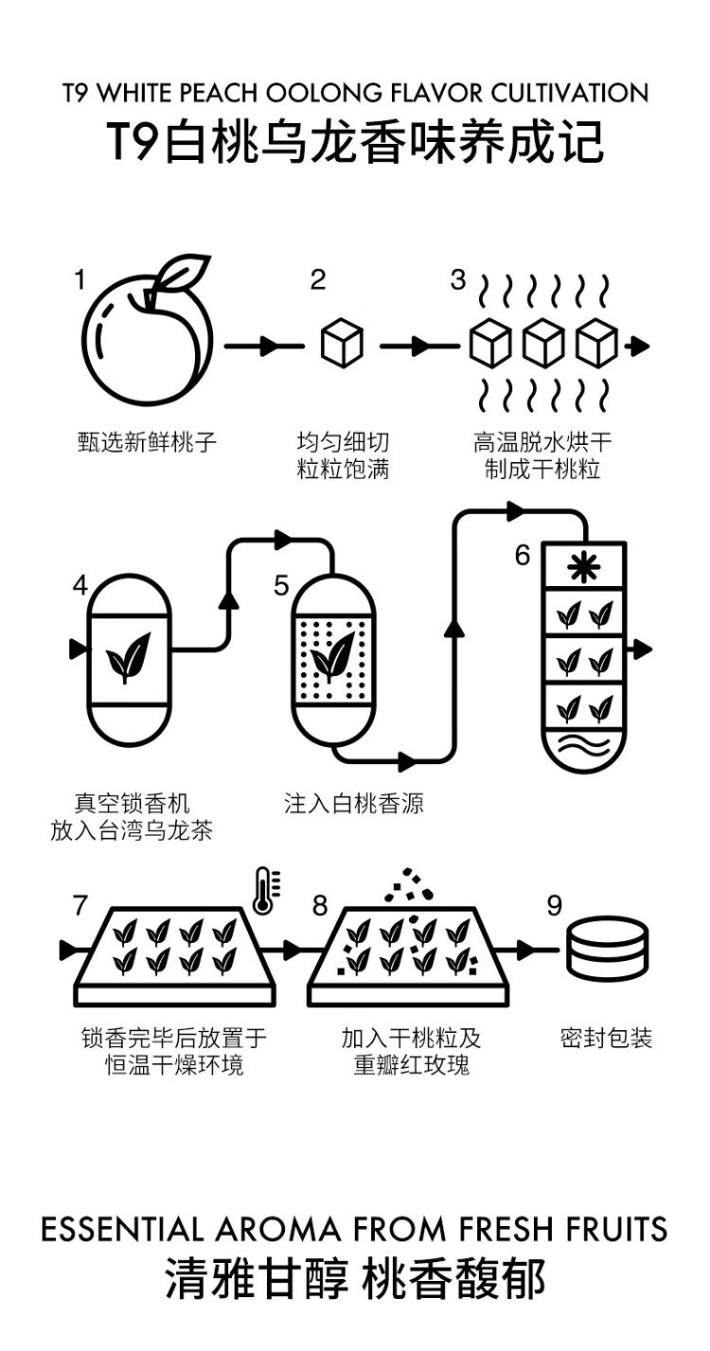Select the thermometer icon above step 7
[264, 891]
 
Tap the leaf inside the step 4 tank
[128, 657]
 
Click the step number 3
[458, 279]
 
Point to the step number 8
[320, 906]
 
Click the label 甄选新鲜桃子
[147, 441]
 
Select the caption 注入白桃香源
[354, 805]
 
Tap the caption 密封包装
[607, 1039]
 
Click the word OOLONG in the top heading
[325, 94]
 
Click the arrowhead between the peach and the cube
[269, 346]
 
